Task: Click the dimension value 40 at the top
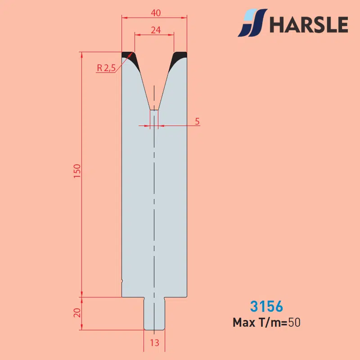(156, 13)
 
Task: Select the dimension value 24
(156, 30)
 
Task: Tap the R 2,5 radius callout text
(106, 68)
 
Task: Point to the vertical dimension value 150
(77, 171)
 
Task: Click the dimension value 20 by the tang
(77, 313)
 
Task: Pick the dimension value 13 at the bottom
(154, 343)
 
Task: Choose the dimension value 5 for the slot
(197, 121)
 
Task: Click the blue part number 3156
(266, 306)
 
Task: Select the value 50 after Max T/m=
(294, 323)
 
